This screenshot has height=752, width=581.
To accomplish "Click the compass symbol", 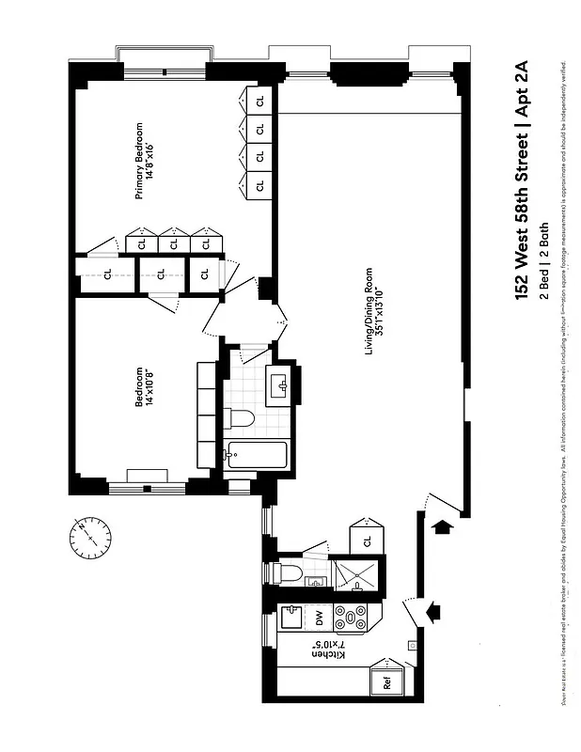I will pyautogui.click(x=90, y=536).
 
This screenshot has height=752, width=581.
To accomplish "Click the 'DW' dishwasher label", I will pyautogui.click(x=319, y=618).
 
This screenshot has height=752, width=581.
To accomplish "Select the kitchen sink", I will pyautogui.click(x=291, y=618).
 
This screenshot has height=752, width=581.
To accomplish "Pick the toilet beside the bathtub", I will pyautogui.click(x=241, y=420).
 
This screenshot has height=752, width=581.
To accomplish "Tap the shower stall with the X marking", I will pyautogui.click(x=360, y=575).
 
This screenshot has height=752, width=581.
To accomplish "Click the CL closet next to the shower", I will pyautogui.click(x=368, y=540).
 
